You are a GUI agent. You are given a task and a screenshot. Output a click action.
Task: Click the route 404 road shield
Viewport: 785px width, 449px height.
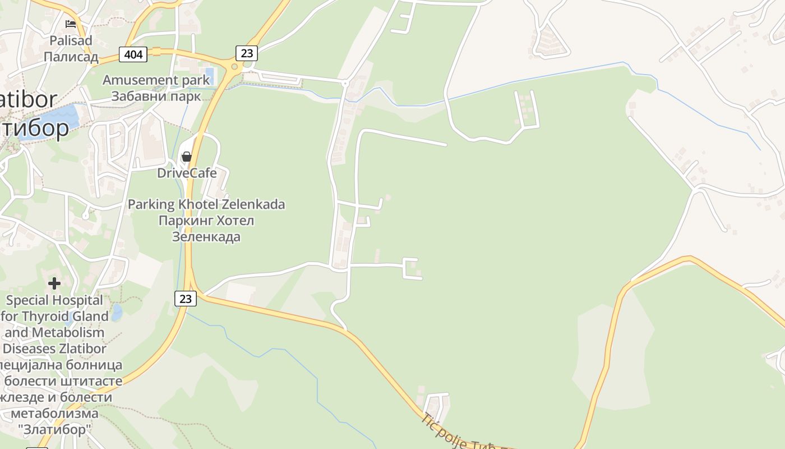[x=133, y=54]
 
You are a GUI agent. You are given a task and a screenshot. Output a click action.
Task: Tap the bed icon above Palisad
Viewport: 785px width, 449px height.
[x=71, y=24]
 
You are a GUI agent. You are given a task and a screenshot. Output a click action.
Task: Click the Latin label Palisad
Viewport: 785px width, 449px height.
[x=71, y=40]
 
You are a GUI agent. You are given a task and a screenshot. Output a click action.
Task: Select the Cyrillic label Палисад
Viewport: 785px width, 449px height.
[x=71, y=57]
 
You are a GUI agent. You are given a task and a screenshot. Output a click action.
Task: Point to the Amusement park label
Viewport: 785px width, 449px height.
[x=156, y=80]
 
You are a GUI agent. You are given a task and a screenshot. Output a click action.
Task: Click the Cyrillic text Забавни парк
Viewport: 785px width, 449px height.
[x=156, y=95]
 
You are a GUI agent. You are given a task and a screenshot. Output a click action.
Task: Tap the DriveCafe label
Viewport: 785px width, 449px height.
[x=187, y=173]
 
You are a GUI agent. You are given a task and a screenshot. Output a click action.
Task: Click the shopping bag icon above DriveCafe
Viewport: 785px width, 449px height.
[x=187, y=157]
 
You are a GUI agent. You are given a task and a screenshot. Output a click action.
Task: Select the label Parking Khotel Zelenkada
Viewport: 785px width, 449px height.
[x=206, y=204]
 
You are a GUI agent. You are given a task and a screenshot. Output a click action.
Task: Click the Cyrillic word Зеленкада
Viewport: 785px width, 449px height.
[x=206, y=237]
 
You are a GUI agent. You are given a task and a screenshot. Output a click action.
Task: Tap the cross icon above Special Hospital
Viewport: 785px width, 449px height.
[x=54, y=283]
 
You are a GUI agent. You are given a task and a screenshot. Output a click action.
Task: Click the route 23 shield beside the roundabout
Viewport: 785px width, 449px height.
[x=246, y=53]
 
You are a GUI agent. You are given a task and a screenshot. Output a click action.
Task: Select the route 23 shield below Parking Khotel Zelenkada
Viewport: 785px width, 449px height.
[x=185, y=299]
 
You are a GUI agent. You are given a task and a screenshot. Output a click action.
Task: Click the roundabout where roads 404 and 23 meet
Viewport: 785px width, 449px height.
[x=234, y=66]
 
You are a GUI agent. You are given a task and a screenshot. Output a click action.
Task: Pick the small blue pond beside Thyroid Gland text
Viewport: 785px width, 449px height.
[x=116, y=312]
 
